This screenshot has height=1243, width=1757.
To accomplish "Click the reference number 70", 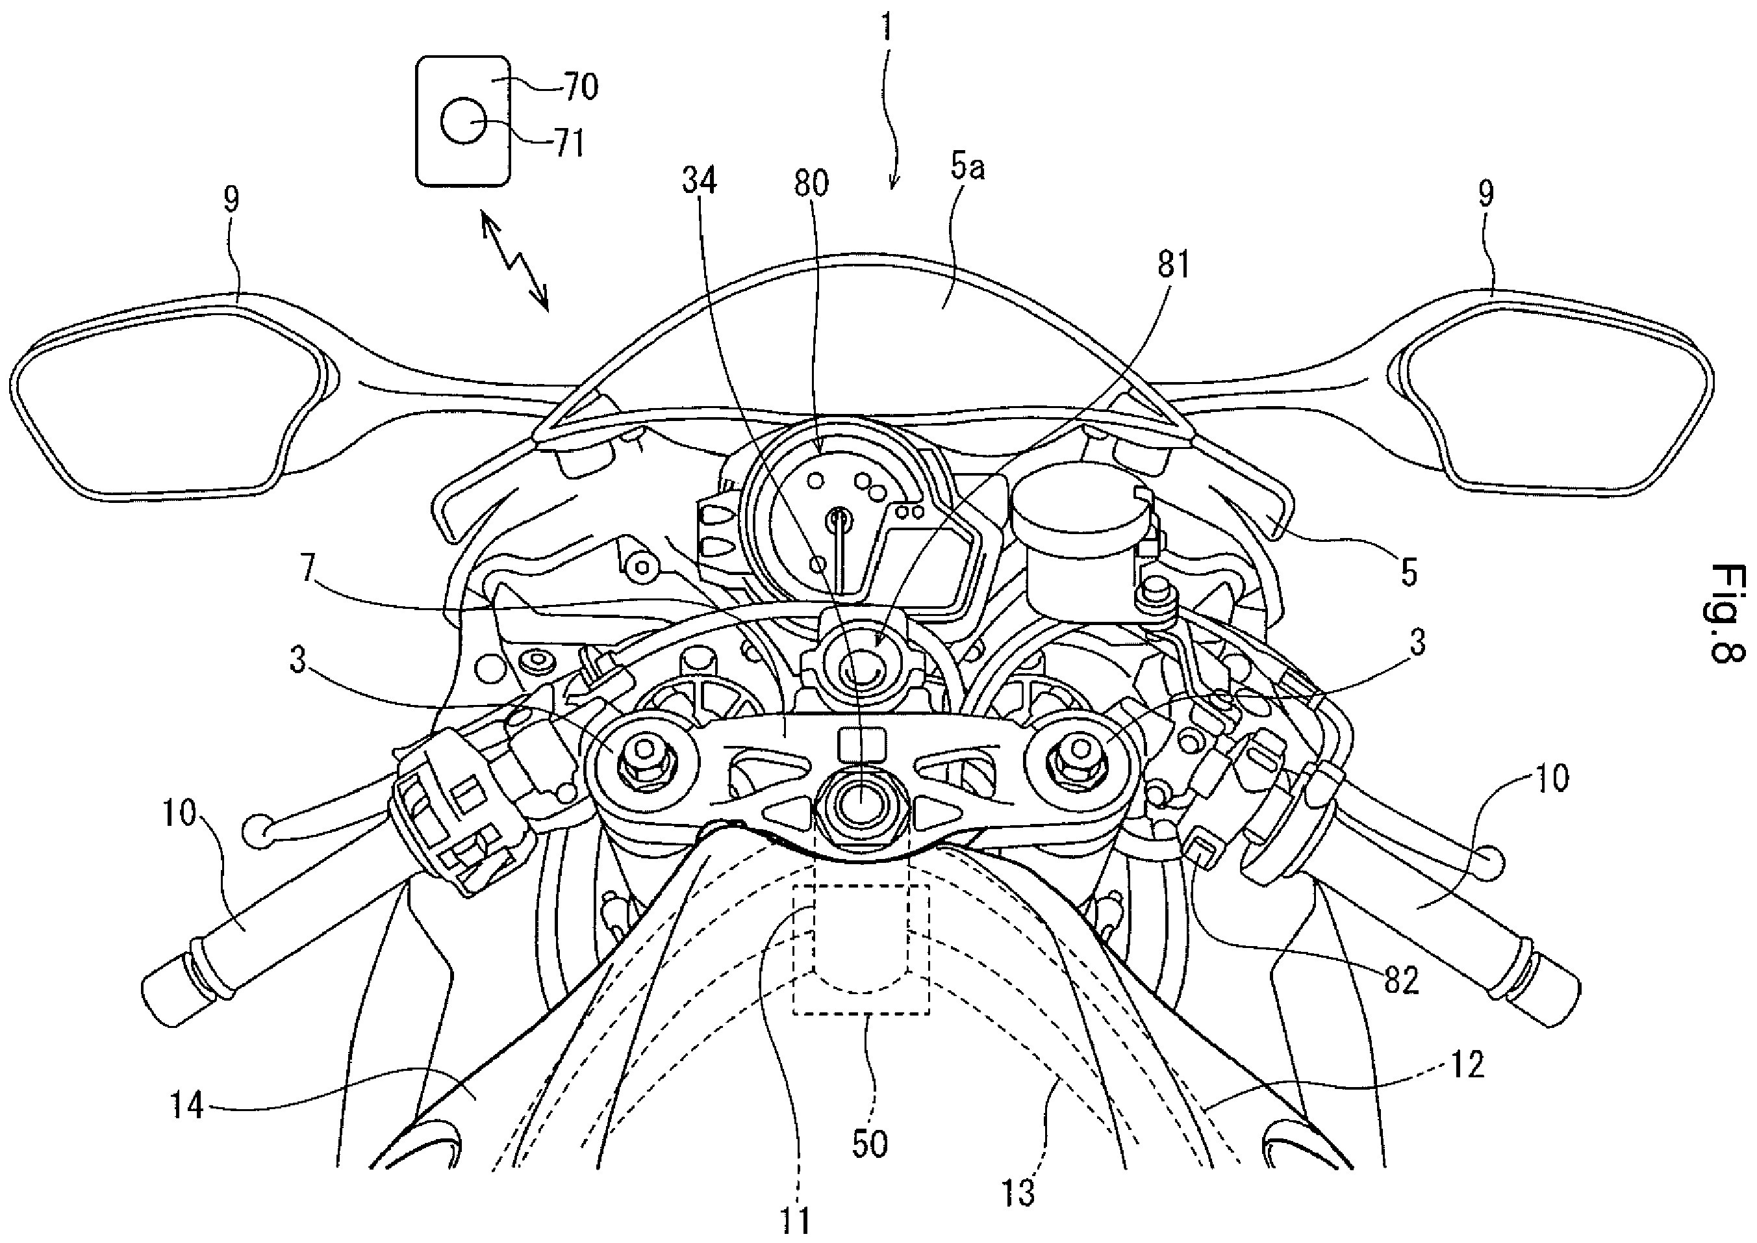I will [581, 87].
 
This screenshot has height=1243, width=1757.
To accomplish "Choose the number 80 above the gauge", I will [811, 183].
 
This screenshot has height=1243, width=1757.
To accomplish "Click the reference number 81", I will [1174, 266].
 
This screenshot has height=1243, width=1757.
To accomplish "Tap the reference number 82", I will [1401, 980].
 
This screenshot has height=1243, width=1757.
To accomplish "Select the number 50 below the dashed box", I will [869, 1144].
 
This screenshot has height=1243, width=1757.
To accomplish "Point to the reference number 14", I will [186, 1105].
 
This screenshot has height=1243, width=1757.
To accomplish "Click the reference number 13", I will [1018, 1192].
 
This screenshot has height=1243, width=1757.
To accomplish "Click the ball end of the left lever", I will [257, 831].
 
